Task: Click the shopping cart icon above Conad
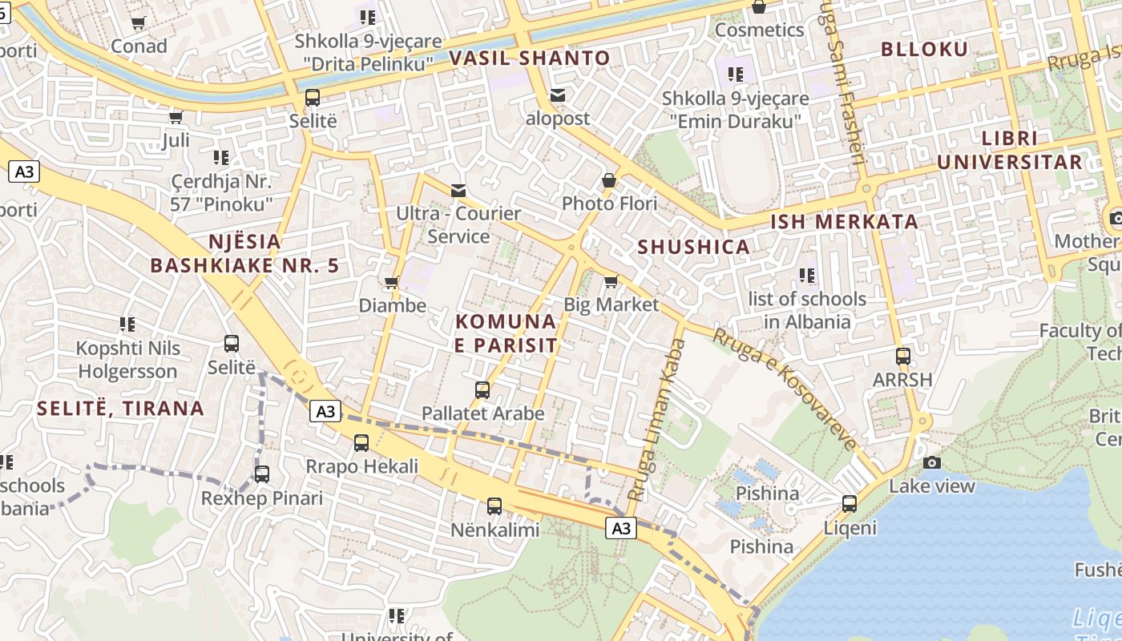(138, 22)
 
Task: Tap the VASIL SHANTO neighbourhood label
(530, 58)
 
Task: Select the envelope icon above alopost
(558, 95)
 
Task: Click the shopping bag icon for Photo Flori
(609, 180)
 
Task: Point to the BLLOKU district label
(924, 49)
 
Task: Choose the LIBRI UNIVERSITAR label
(1009, 150)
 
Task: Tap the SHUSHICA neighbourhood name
(693, 247)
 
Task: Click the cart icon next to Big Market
(611, 281)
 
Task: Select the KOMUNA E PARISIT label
(506, 333)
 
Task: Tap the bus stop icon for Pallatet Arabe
(482, 390)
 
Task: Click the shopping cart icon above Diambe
(392, 282)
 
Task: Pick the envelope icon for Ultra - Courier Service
(458, 190)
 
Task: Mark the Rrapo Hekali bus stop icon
(361, 442)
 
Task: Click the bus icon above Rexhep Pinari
(262, 474)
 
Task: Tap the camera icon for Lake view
(931, 462)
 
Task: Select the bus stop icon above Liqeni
(850, 504)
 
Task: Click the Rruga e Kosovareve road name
(785, 388)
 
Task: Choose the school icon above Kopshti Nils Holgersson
(127, 325)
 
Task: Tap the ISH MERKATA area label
(844, 222)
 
